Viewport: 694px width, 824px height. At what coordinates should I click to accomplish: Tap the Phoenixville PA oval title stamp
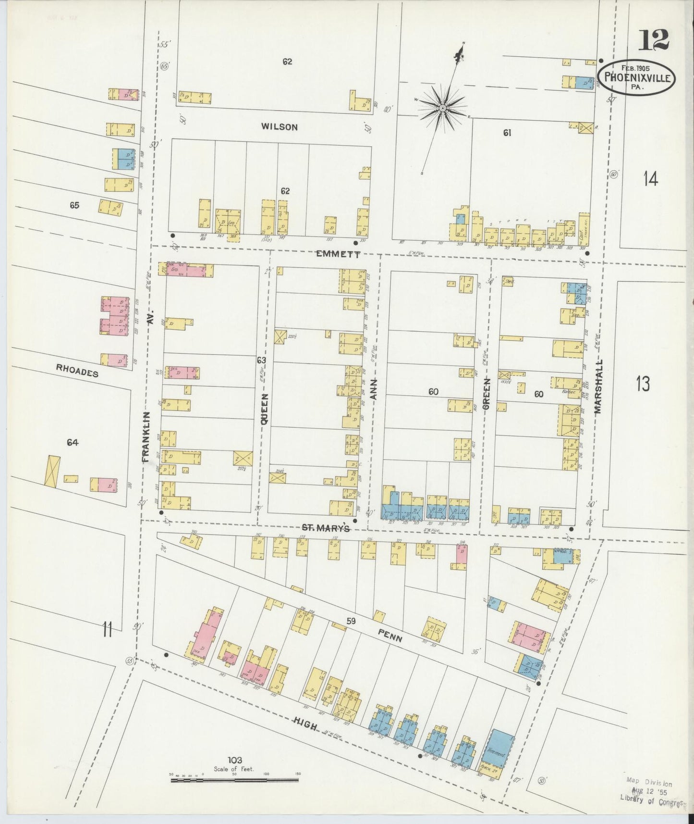coord(636,77)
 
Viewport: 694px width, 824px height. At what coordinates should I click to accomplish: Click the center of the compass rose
coord(442,109)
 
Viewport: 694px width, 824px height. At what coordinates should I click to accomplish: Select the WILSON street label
coord(280,127)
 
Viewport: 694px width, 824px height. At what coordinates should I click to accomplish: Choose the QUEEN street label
coord(264,409)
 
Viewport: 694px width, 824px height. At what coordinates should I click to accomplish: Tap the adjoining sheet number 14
coord(651,179)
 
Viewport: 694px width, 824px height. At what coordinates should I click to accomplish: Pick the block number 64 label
coord(73,442)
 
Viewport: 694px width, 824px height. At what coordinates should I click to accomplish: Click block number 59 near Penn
coord(351,621)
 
